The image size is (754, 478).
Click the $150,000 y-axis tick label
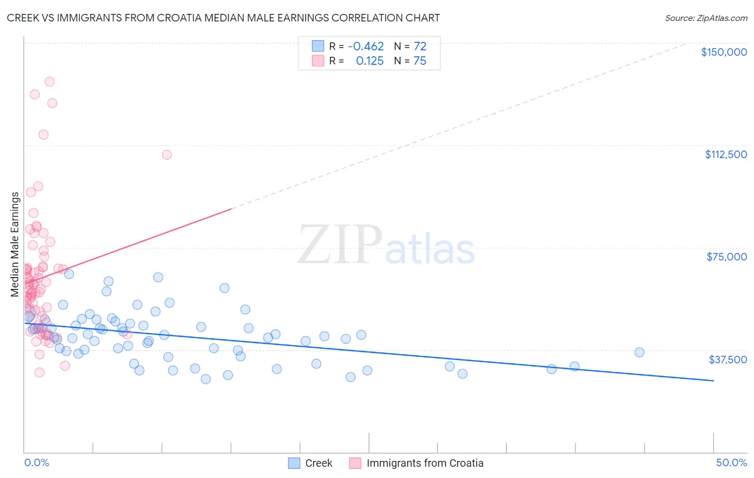[x=723, y=52]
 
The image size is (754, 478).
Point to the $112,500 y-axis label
[x=726, y=154]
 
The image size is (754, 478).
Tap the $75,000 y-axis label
[x=727, y=257]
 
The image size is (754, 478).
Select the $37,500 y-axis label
[x=728, y=360]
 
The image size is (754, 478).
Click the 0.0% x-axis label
[x=36, y=462]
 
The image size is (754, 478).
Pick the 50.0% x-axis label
[x=731, y=462]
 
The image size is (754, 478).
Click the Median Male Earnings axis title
[x=15, y=244]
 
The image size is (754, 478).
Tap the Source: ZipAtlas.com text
[x=706, y=18]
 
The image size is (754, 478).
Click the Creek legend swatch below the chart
[x=294, y=463]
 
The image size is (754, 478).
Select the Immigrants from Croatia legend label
[x=425, y=463]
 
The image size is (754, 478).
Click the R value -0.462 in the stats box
[x=366, y=47]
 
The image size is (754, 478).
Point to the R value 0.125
[x=369, y=61]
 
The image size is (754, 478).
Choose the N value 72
[x=420, y=47]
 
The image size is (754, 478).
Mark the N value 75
[x=420, y=61]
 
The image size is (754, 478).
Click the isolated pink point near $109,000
[x=167, y=155]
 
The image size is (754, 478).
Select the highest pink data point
[x=49, y=82]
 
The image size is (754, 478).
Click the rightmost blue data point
[x=639, y=352]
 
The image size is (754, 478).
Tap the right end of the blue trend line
[x=713, y=380]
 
